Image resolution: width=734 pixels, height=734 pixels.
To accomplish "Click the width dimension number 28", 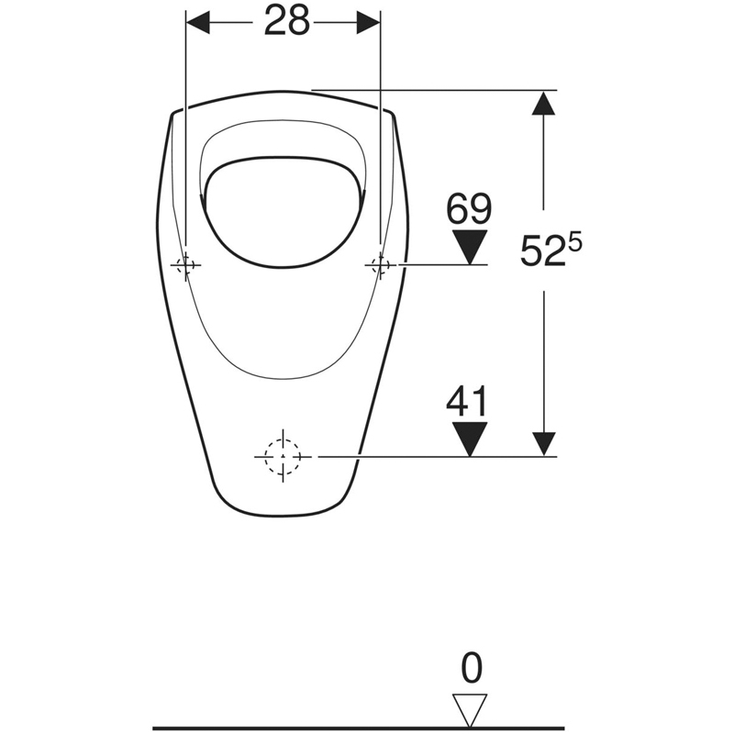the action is [287, 21].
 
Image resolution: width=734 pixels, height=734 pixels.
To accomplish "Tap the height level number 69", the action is [469, 208].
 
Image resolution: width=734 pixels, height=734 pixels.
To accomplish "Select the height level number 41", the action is [467, 401].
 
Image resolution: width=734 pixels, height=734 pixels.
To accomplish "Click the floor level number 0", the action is [472, 669].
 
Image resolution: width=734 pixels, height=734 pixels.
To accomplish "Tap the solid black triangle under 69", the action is [470, 247].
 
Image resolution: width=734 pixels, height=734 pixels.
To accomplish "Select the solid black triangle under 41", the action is [470, 439].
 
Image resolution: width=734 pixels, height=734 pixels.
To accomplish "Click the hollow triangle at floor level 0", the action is [470, 710].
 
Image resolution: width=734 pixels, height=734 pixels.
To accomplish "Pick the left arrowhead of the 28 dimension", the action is [197, 22].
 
